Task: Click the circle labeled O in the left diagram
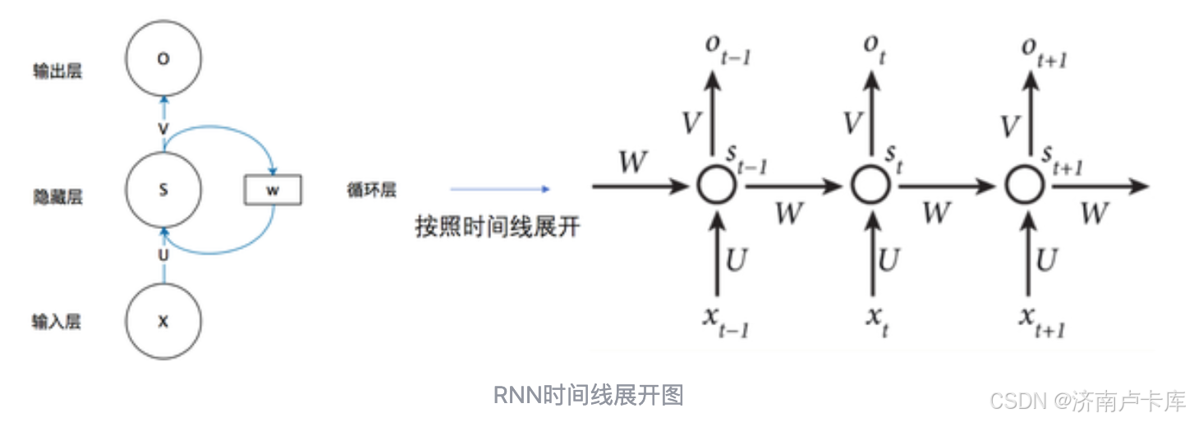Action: [163, 59]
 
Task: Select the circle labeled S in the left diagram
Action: [163, 190]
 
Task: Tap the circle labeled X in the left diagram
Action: [163, 322]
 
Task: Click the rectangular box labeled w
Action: [273, 190]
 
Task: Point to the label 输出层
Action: [57, 72]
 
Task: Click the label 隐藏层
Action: [57, 197]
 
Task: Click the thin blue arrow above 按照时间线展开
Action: [499, 189]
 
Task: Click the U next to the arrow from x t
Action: [889, 260]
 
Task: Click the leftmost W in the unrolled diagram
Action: [633, 162]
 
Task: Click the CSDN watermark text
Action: [1087, 401]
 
